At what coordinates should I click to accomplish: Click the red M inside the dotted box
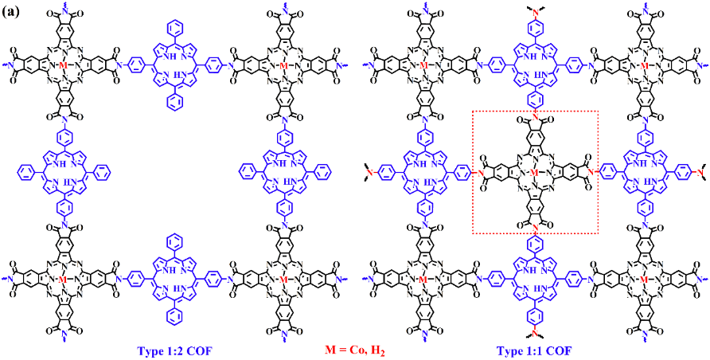(534, 172)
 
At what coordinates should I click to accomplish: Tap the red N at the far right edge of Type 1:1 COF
(697, 171)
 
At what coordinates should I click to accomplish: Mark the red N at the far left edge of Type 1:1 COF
(372, 171)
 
